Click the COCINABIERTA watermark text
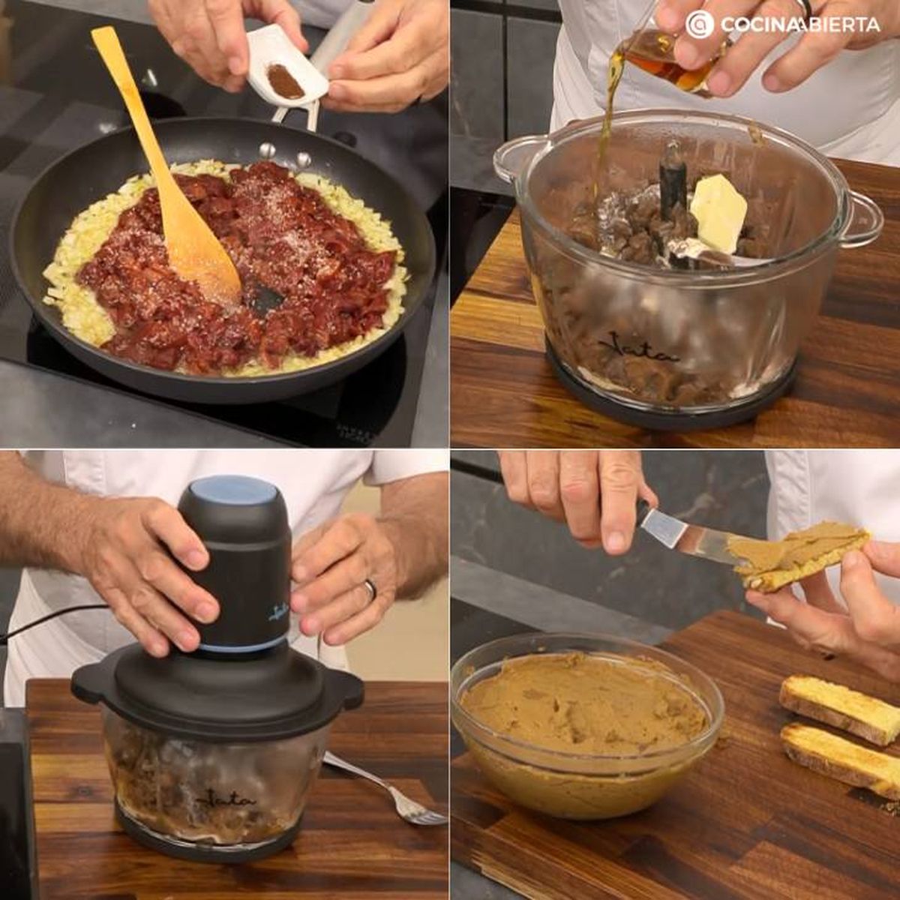coord(800,25)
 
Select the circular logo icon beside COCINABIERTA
coord(699,25)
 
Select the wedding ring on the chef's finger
coord(370,589)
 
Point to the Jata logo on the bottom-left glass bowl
coord(225,798)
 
